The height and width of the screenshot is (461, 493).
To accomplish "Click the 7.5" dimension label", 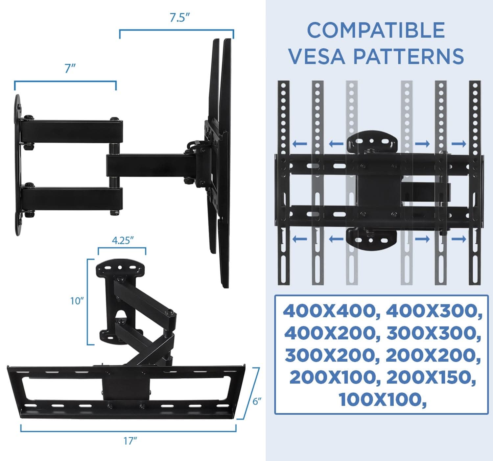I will point(179,18).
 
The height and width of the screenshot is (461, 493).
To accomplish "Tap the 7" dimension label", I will point(70,69).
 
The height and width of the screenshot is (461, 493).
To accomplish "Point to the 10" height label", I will point(77,301).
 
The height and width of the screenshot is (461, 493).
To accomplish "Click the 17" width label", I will point(130,441).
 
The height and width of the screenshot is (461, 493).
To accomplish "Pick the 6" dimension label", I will point(257,401).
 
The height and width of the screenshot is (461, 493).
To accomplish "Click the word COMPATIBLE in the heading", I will point(376,30).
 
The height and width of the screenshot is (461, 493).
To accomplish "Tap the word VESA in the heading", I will point(317,56).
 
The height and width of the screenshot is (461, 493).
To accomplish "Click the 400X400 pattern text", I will point(329,311).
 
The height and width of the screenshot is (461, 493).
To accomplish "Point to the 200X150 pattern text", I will point(431,378).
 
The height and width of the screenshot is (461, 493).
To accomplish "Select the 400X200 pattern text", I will point(330,333).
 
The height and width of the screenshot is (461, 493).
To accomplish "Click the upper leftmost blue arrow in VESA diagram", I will point(299,144).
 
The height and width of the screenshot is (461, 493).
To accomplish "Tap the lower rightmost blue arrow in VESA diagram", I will point(459,239).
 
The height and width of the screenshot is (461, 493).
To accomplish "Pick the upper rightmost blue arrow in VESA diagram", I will point(459,144).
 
